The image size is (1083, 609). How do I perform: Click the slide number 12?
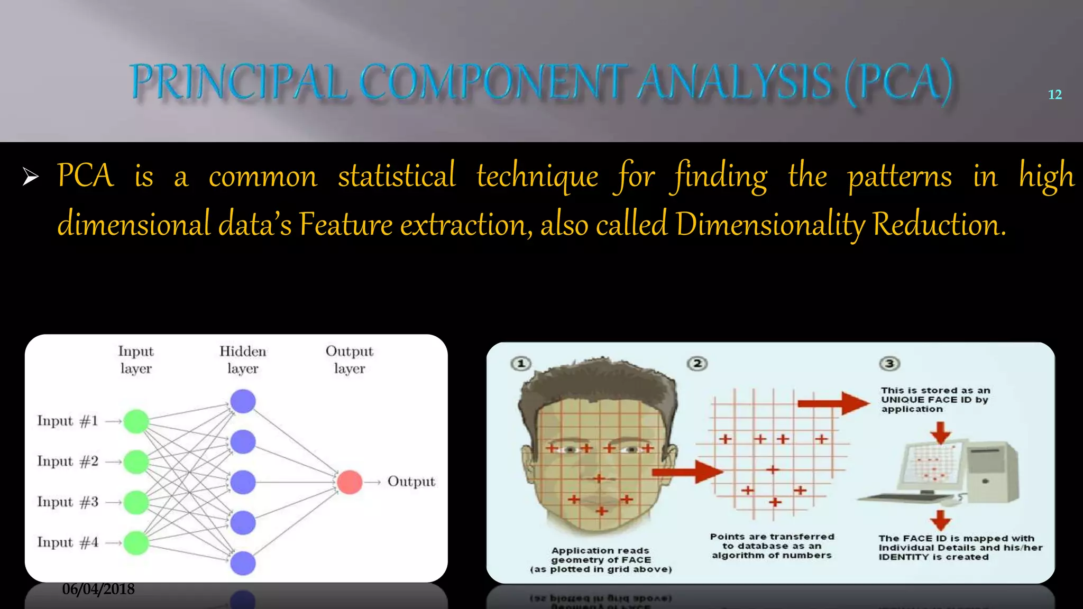coord(1054,95)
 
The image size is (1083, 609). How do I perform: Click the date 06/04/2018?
coord(98,589)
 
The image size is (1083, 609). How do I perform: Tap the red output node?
coord(350,482)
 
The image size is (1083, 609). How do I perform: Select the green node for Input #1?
coord(136,421)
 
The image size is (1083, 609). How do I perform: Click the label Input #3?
coord(68,502)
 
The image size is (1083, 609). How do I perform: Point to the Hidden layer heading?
coord(243,359)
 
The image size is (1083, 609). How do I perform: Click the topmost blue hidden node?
coord(243,401)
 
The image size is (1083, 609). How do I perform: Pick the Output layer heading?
coord(349,359)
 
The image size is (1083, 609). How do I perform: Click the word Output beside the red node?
coord(411,482)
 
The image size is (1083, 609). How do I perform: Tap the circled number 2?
coord(697,364)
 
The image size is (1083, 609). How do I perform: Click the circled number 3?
coord(889,364)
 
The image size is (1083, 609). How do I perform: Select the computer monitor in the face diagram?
coord(931,465)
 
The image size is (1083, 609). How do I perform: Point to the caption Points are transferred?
coord(772,537)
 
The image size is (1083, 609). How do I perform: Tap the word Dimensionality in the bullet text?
coord(770,225)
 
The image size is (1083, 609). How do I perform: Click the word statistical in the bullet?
coord(397,176)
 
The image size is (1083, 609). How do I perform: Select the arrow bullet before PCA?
coord(31,177)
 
